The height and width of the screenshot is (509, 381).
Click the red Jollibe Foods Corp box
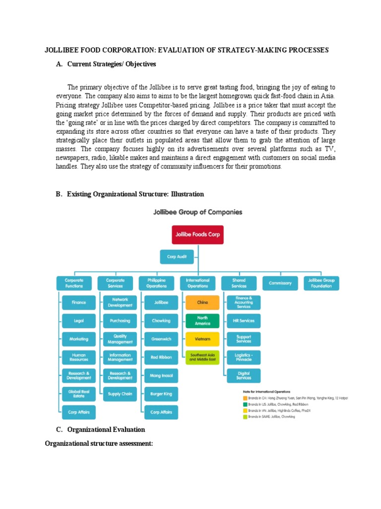tap(197, 234)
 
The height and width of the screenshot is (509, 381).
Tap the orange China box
tap(202, 302)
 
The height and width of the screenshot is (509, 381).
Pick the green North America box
tap(202, 321)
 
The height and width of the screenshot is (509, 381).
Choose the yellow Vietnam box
tap(202, 339)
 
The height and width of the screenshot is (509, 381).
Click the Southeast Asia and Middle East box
tap(202, 357)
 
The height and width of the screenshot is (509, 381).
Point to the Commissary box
tap(280, 283)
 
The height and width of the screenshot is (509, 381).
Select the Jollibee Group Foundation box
tap(321, 283)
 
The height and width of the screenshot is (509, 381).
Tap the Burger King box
tap(161, 394)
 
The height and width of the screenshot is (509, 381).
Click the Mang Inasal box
tap(161, 375)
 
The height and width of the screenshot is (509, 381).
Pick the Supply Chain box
tap(120, 394)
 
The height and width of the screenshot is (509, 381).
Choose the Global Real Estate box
tap(79, 394)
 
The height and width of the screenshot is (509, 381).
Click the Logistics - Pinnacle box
tap(243, 357)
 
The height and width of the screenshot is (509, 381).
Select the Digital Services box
tap(243, 375)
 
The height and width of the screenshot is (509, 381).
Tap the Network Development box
tap(120, 302)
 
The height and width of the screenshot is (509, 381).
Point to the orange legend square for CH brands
tap(245, 398)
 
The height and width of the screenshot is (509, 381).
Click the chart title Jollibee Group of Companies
tap(197, 212)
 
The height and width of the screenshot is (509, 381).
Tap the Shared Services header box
tap(239, 283)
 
